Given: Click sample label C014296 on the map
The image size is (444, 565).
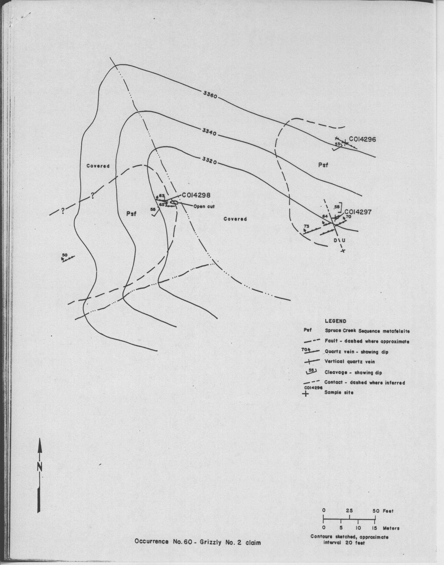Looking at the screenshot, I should [x=360, y=139].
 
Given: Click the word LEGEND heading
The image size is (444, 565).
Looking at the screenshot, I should [x=336, y=321].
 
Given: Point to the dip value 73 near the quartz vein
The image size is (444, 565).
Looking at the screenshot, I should [x=307, y=226].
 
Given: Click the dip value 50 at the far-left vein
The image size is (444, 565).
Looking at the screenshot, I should [x=65, y=255].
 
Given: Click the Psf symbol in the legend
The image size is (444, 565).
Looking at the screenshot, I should [x=308, y=331].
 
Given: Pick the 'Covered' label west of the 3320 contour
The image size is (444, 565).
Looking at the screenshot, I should [x=98, y=166].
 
